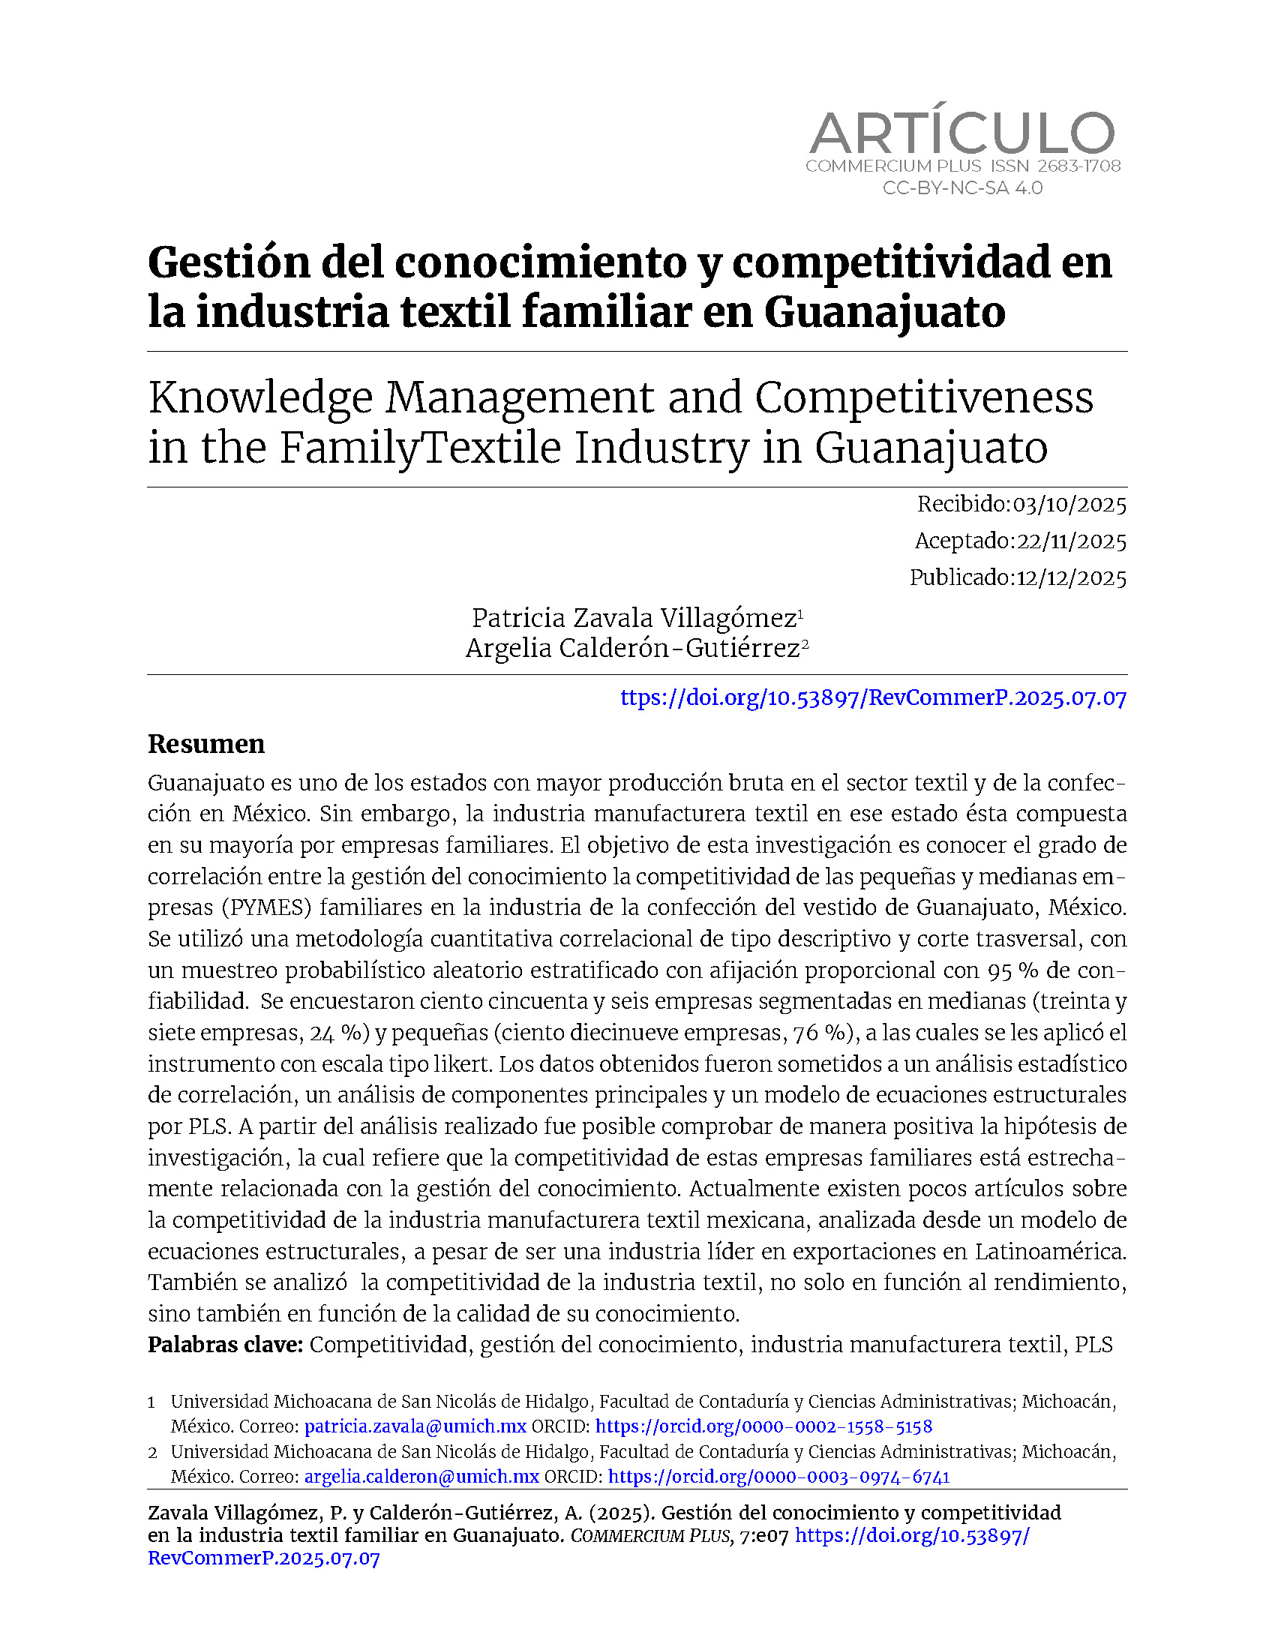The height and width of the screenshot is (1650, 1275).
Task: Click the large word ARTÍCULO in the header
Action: (x=961, y=133)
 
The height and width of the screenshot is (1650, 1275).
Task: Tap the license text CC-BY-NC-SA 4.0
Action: (x=962, y=188)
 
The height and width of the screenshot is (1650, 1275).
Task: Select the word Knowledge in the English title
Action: (x=260, y=398)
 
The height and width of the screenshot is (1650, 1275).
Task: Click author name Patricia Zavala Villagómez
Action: (x=634, y=618)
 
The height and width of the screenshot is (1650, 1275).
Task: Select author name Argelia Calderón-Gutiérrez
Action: (x=633, y=648)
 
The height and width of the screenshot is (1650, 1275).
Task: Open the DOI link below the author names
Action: (x=873, y=697)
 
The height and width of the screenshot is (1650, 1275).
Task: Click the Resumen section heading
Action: (x=206, y=744)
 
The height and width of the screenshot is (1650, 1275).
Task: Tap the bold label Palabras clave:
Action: (x=225, y=1345)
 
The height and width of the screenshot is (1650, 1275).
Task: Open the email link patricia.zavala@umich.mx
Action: (x=415, y=1426)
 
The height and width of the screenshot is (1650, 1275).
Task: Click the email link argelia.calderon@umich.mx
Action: (x=421, y=1476)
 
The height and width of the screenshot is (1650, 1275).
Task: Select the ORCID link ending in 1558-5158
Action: (x=763, y=1426)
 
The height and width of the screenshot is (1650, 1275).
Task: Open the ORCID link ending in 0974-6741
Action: (x=778, y=1476)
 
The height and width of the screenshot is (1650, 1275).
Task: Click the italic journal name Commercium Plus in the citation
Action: (x=650, y=1536)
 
